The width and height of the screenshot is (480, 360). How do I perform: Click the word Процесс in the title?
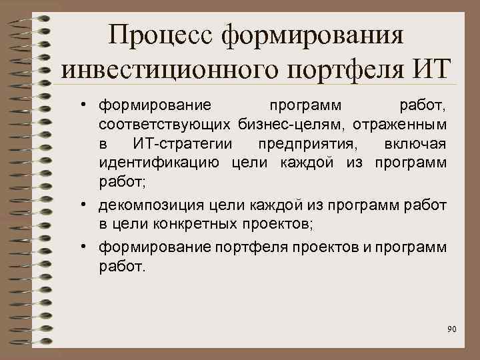tap(162, 34)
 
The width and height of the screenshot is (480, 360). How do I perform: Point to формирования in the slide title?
tap(313, 34)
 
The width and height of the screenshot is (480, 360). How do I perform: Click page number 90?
tap(452, 329)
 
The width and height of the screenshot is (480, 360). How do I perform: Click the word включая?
tap(416, 143)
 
